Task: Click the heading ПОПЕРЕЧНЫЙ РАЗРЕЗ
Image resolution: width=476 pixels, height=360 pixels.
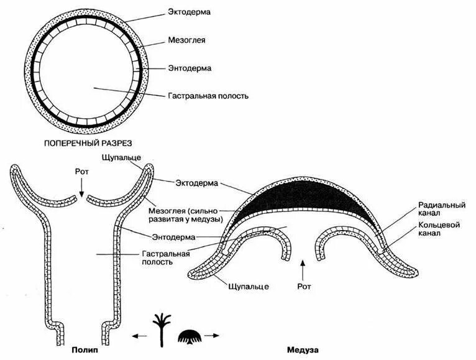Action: (88, 143)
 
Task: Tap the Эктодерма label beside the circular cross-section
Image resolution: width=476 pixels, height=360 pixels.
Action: (191, 12)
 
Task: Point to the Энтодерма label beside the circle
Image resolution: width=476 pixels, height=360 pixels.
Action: (191, 68)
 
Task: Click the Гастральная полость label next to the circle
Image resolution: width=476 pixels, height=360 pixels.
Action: (209, 96)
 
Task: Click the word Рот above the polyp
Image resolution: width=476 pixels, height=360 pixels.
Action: (83, 169)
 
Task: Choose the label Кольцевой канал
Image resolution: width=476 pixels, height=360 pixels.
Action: (439, 229)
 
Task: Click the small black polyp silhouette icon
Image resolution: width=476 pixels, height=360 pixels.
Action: (162, 328)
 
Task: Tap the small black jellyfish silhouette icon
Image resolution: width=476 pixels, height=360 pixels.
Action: (189, 336)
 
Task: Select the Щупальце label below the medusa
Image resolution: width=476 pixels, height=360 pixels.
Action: (249, 286)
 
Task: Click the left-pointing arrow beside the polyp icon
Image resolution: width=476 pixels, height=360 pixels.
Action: (139, 336)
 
